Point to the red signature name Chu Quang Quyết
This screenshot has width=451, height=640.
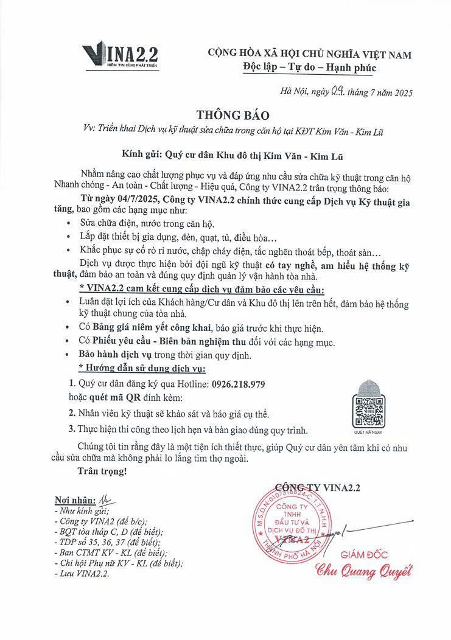tap(363, 571)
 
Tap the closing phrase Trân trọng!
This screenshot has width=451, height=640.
tap(102, 471)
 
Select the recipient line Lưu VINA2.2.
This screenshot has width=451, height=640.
tap(83, 574)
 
